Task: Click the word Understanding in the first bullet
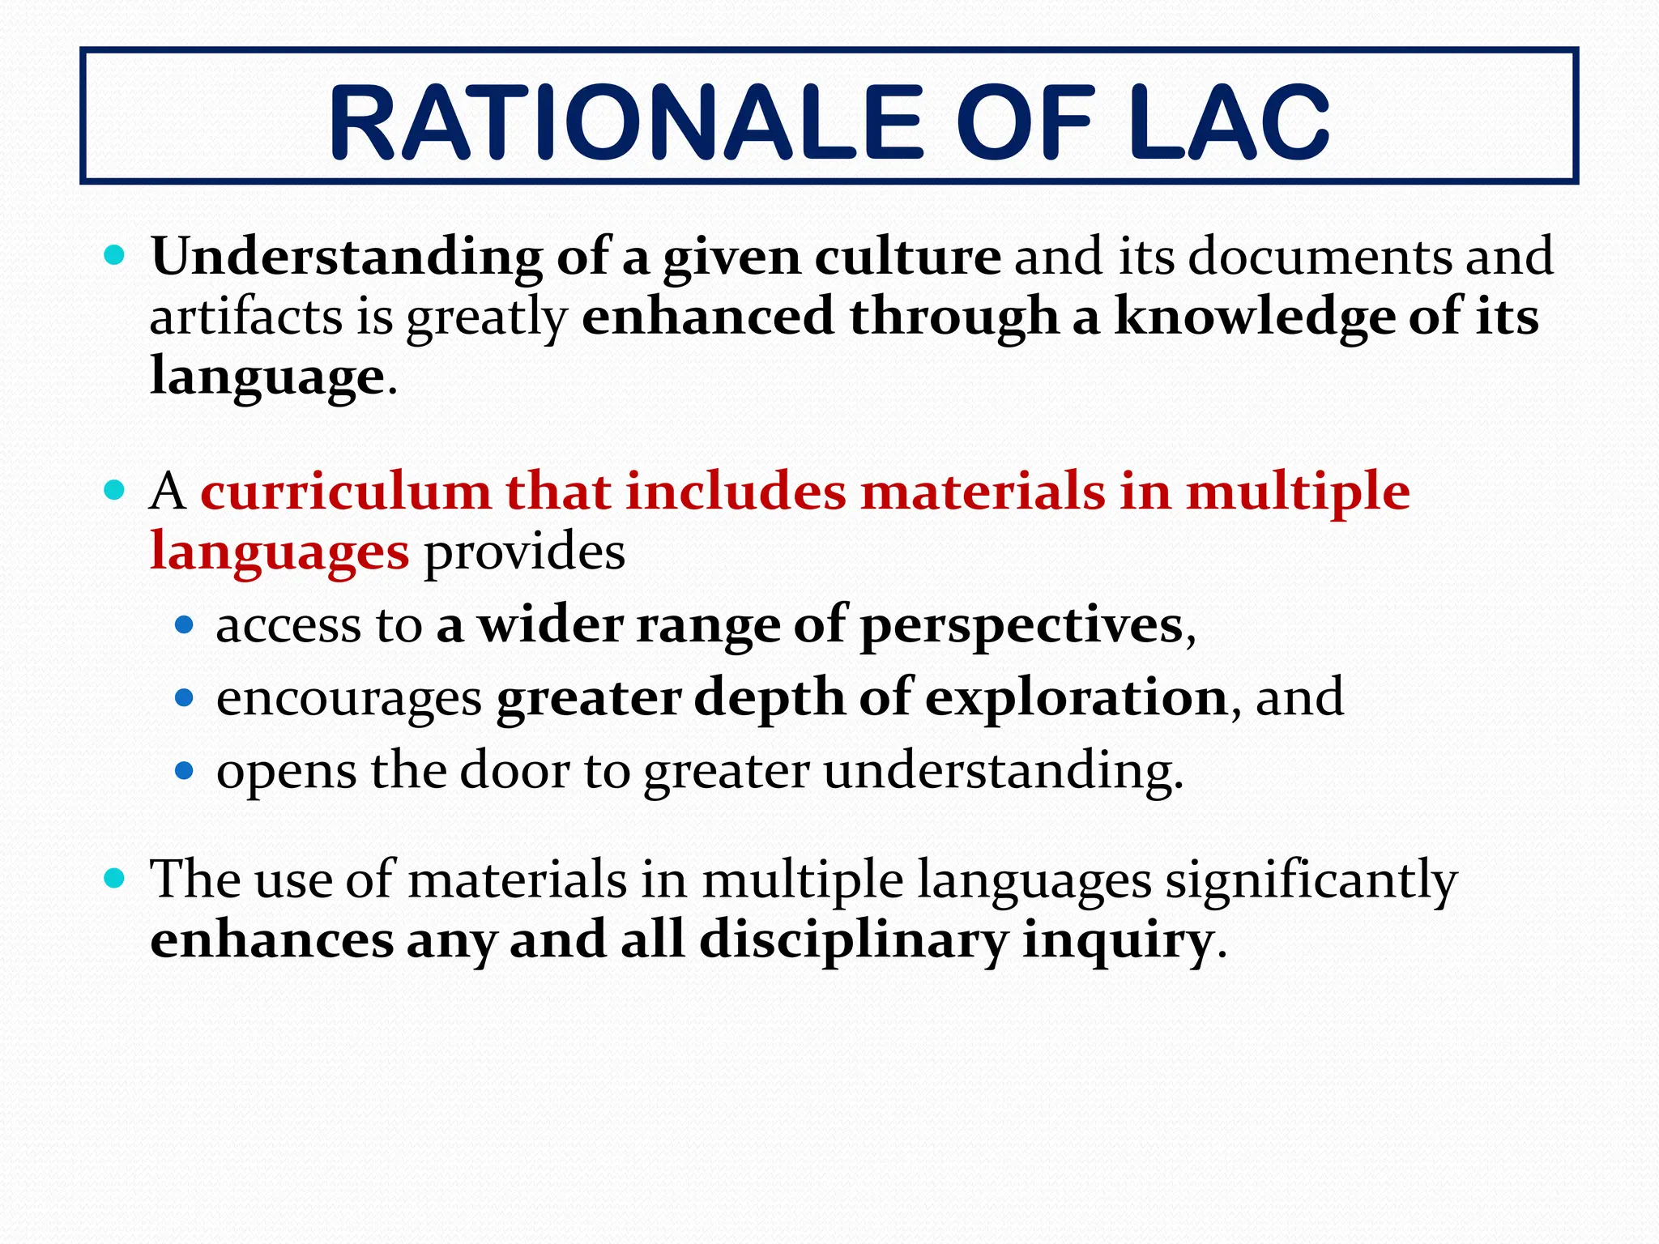pyautogui.click(x=347, y=258)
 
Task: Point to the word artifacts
pyautogui.click(x=246, y=317)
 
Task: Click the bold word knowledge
pyautogui.click(x=1254, y=317)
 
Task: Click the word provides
pyautogui.click(x=525, y=552)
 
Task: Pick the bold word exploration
pyautogui.click(x=1077, y=697)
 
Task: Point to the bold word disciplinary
pyautogui.click(x=854, y=941)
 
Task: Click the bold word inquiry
pyautogui.click(x=1117, y=941)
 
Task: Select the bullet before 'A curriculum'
pyautogui.click(x=114, y=491)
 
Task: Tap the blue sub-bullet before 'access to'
pyautogui.click(x=184, y=625)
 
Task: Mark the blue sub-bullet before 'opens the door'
pyautogui.click(x=184, y=770)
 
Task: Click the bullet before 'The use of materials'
pyautogui.click(x=114, y=878)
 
